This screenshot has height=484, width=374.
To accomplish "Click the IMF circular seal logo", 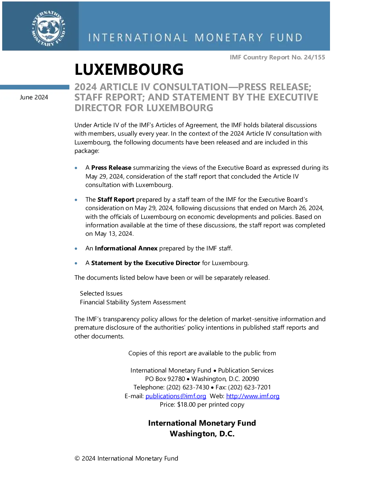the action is pos(48,28).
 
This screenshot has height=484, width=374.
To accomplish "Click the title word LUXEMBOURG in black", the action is pos(129,69).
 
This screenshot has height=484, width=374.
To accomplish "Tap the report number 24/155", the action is pos(314,57).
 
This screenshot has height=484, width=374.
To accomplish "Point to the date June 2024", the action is pos(34,97).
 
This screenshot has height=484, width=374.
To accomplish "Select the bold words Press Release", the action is pos(111,168).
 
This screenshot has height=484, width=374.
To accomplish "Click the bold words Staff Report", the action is pos(116,199).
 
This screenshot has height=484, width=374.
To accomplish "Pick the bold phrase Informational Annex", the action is pos(126,248).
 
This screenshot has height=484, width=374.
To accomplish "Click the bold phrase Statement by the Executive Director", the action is pos(146,263).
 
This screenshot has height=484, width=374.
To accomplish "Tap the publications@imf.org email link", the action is pos(176,396).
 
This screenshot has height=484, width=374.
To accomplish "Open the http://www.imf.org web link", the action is pos(253,396).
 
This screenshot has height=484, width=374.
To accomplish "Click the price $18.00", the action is pos(186,404).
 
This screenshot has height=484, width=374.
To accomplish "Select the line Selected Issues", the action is pos(101,293).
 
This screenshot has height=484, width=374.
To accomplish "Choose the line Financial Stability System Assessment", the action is pos(133,302).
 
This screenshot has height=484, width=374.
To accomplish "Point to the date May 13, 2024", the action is pos(114,234).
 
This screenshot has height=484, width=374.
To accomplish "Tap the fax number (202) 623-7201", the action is pos(249,387).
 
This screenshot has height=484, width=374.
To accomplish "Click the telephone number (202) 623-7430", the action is pos(188,387).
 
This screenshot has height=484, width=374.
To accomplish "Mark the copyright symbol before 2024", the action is pos(77,458).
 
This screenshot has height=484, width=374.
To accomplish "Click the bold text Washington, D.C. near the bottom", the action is pos(202,434).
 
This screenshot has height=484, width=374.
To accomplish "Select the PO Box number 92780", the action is pos(176,379).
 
